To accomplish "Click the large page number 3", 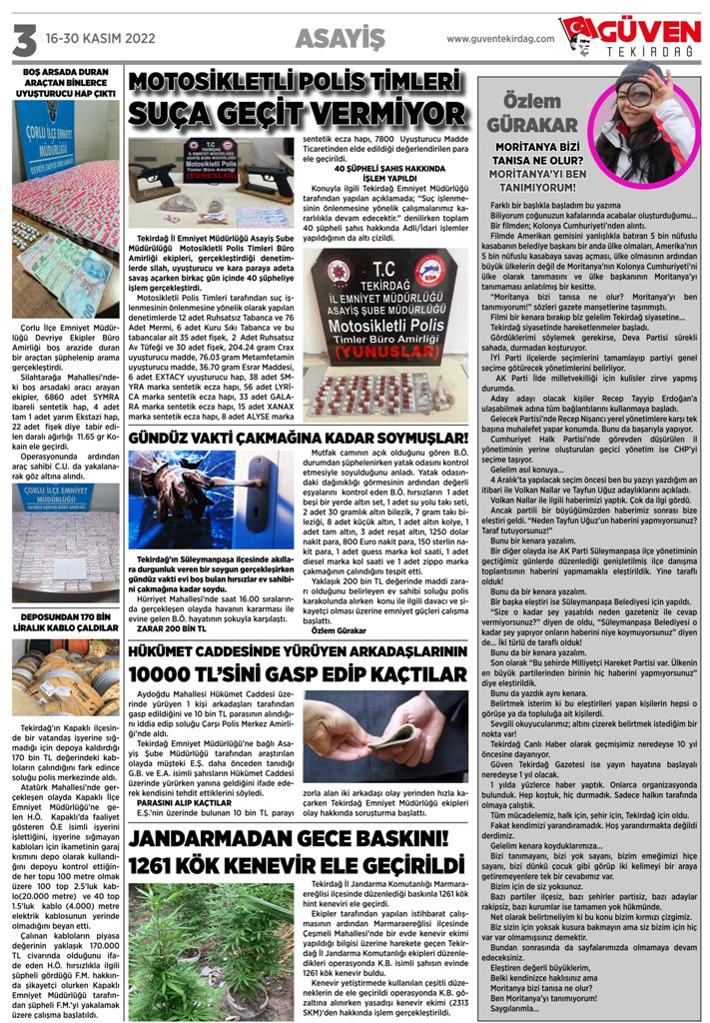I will click(22, 39).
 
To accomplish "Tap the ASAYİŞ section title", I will click(340, 39).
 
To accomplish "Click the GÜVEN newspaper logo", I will click(631, 36).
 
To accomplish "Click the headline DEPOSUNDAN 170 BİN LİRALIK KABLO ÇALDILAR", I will click(63, 620).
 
